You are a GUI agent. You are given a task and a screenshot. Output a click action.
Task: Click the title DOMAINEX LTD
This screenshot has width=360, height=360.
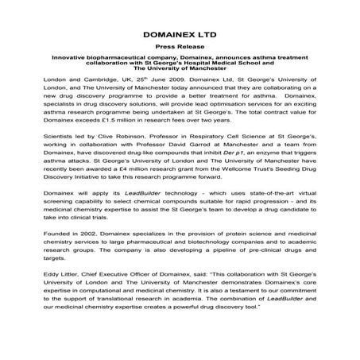[x=180, y=36]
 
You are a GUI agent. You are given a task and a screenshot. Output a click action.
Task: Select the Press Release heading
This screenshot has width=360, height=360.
[x=180, y=48]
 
